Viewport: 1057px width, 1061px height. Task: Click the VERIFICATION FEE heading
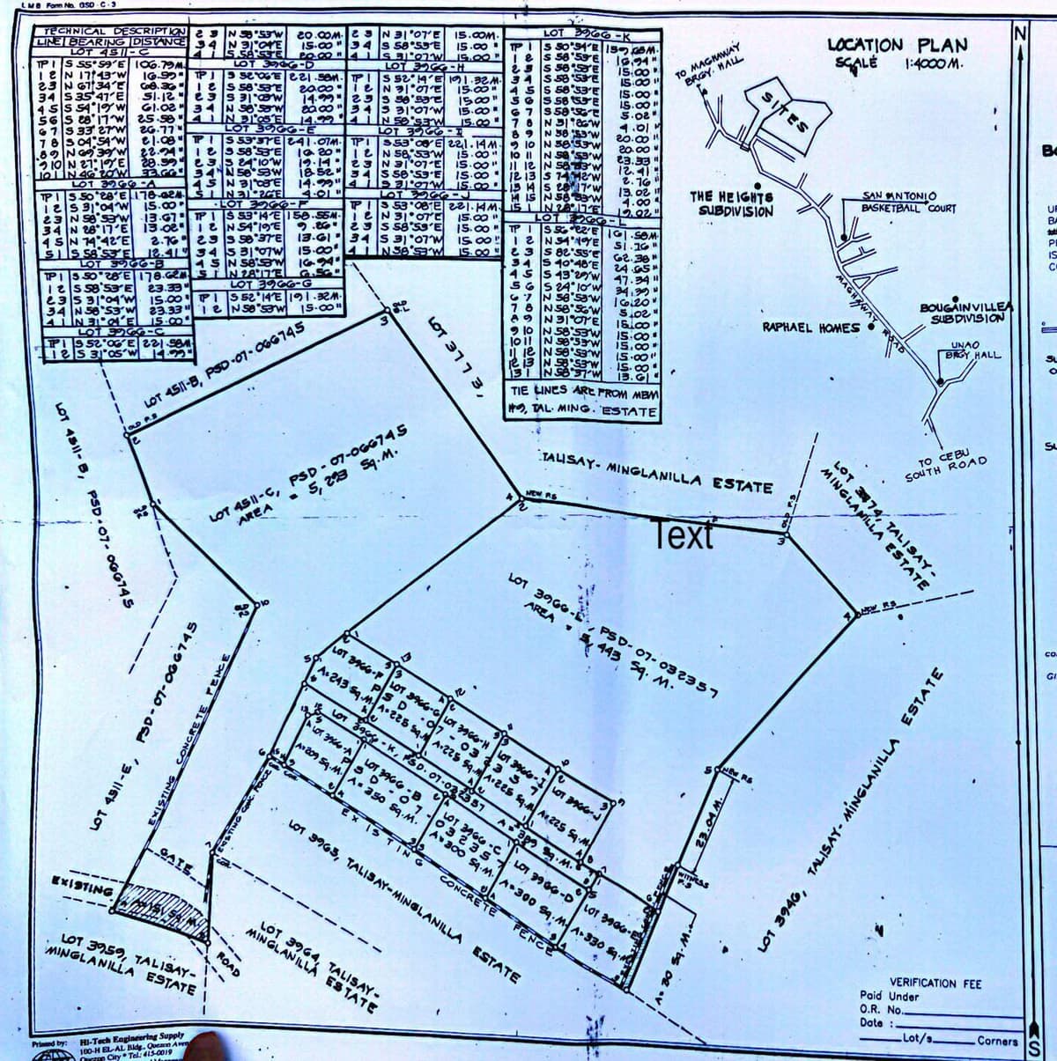(x=922, y=983)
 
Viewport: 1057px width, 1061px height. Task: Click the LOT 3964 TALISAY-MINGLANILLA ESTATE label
(x=317, y=959)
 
